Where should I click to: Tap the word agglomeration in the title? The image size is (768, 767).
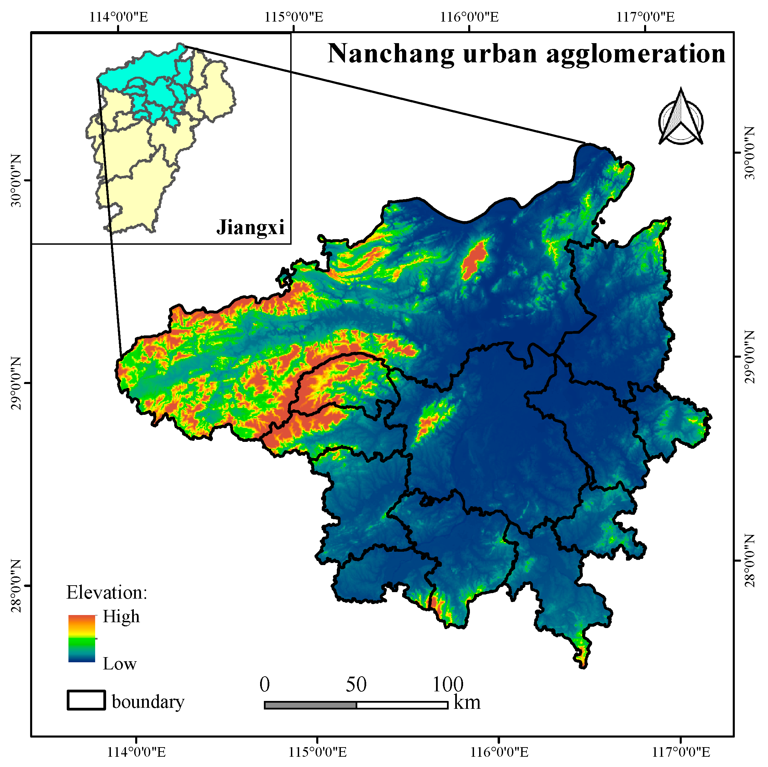coord(636,54)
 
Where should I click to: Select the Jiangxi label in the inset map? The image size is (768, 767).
coord(251,228)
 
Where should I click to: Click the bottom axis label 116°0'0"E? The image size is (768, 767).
coord(499,752)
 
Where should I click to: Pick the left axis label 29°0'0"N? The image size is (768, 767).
coord(16,383)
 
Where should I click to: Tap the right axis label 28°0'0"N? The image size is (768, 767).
coord(749,561)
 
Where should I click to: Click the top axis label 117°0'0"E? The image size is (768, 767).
coord(645,17)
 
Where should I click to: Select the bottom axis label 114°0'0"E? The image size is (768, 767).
coord(136,752)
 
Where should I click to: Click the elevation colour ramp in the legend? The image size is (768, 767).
coord(82,639)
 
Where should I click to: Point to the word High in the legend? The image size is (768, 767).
coord(121,617)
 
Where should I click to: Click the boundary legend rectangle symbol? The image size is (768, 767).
coord(86,700)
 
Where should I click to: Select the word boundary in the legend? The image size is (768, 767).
coord(148,702)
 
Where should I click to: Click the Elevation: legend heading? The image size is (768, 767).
coord(106,593)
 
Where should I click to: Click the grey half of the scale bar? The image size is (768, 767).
coord(310,705)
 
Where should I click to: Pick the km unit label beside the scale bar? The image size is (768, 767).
coord(467,703)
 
